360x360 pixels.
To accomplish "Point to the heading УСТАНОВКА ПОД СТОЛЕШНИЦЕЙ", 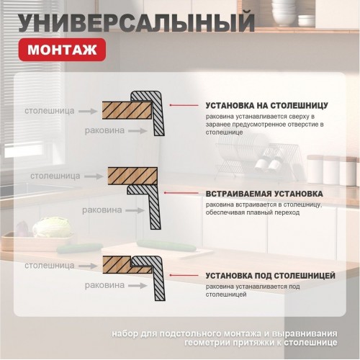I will point(270,276).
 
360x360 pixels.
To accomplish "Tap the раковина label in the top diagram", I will point(105,130).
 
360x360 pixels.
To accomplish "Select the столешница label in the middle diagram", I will point(55,175).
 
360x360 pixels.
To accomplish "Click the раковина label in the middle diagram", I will point(102,210).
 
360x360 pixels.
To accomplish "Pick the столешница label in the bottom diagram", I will point(49,265).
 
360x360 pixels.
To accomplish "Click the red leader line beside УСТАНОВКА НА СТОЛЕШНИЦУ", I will point(186,105).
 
